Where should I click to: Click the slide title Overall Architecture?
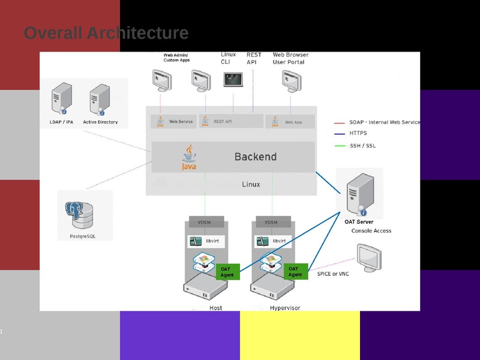point(106,33)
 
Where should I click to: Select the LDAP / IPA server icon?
point(62,99)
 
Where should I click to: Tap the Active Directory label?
point(100,122)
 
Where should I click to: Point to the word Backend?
point(255,157)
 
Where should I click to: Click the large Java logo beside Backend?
point(189,158)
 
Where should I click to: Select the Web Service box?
point(174,121)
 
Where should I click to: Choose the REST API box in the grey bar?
point(231,121)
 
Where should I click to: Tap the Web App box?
point(290,121)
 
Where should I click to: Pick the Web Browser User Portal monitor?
point(291,80)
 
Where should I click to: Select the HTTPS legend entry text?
point(358,133)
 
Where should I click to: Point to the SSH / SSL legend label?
point(363,145)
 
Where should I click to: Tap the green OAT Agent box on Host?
point(228,272)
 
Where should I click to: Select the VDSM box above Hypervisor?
point(272,222)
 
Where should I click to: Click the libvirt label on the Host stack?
point(212,241)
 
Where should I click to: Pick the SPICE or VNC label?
point(332,274)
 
